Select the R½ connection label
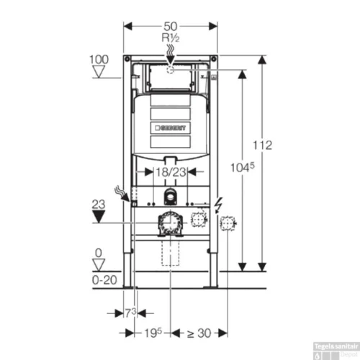point(171,36)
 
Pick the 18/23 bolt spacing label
point(170,172)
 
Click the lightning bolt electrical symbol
point(218,204)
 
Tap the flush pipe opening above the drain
point(170,198)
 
